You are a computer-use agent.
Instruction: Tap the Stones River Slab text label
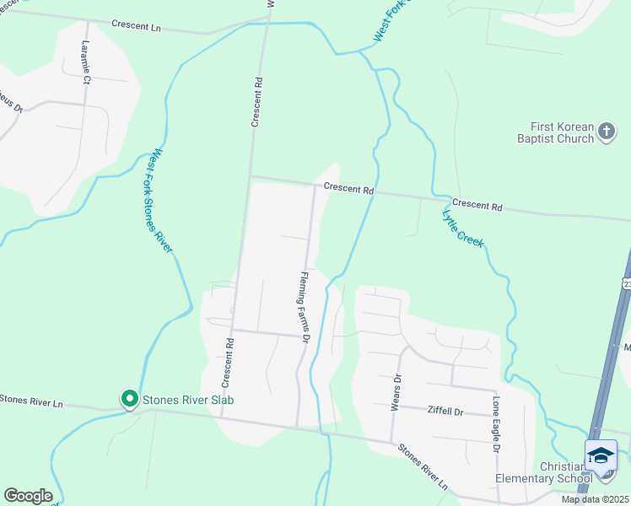coord(187,399)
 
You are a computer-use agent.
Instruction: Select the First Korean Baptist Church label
coord(552,132)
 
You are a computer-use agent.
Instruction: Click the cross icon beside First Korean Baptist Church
coord(607,132)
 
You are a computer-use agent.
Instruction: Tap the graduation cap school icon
coord(601,456)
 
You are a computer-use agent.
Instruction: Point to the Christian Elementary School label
coord(539,473)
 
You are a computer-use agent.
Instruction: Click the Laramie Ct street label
coord(85,63)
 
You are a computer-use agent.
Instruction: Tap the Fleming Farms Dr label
coord(305,305)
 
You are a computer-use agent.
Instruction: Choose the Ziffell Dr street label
coord(447,412)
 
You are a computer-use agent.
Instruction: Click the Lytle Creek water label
coord(462,228)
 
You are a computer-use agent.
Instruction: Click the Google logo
coord(28,496)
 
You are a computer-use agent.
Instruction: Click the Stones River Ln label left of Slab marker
coord(31,401)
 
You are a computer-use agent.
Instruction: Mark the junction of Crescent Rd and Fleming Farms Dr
coord(315,186)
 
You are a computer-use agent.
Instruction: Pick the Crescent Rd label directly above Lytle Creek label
coord(477,206)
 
